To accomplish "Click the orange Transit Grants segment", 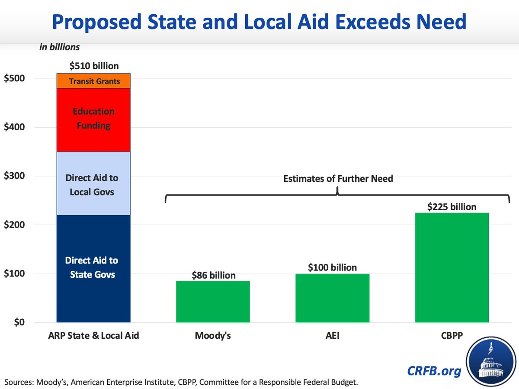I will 94,81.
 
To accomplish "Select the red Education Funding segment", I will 94,119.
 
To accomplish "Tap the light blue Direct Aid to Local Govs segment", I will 94,183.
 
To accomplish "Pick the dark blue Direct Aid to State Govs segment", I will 94,268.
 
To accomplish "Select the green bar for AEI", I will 332,298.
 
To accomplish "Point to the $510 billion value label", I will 94,66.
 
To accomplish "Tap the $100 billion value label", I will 332,267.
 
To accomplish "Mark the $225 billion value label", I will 452,207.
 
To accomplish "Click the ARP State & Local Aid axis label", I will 94,335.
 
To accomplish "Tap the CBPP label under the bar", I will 452,335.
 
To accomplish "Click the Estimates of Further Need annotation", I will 338,178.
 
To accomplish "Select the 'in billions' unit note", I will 59,47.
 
